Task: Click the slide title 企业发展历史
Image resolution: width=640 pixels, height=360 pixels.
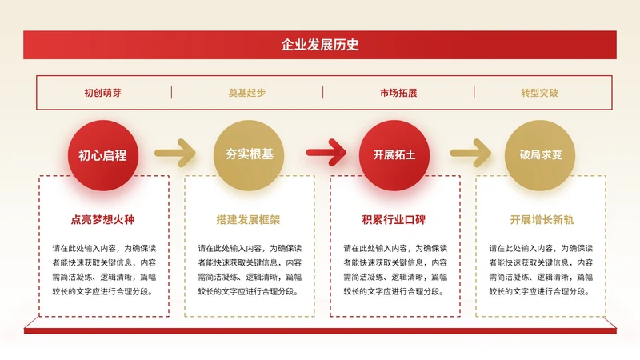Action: click(x=320, y=45)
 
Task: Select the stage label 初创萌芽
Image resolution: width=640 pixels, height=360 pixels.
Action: click(x=103, y=93)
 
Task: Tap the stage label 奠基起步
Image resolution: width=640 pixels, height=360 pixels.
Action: click(x=247, y=93)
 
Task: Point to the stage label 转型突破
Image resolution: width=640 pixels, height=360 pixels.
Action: click(x=540, y=93)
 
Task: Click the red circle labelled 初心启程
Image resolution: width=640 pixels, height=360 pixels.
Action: click(x=102, y=155)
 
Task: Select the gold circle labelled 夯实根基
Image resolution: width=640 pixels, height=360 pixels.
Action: click(x=249, y=155)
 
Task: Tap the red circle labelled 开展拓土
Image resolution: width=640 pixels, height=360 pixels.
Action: click(x=394, y=155)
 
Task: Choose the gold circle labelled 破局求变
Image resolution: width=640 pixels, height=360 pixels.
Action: click(x=540, y=155)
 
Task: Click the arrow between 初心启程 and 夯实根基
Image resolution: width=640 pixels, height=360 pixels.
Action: click(x=175, y=151)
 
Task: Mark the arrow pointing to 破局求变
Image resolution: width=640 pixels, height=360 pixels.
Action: click(x=470, y=151)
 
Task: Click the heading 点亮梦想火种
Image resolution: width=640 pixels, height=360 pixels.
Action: click(x=103, y=219)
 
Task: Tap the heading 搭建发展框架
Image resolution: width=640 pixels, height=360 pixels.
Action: click(x=249, y=219)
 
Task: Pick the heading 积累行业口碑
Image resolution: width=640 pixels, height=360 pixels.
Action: click(x=394, y=219)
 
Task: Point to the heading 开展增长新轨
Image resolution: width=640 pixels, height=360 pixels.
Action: click(x=541, y=219)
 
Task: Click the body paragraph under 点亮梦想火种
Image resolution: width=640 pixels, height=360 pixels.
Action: click(x=104, y=270)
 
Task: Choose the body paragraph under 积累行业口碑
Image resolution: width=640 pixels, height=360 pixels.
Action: click(x=395, y=270)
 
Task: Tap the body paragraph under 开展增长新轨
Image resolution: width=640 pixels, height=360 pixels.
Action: click(x=541, y=270)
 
